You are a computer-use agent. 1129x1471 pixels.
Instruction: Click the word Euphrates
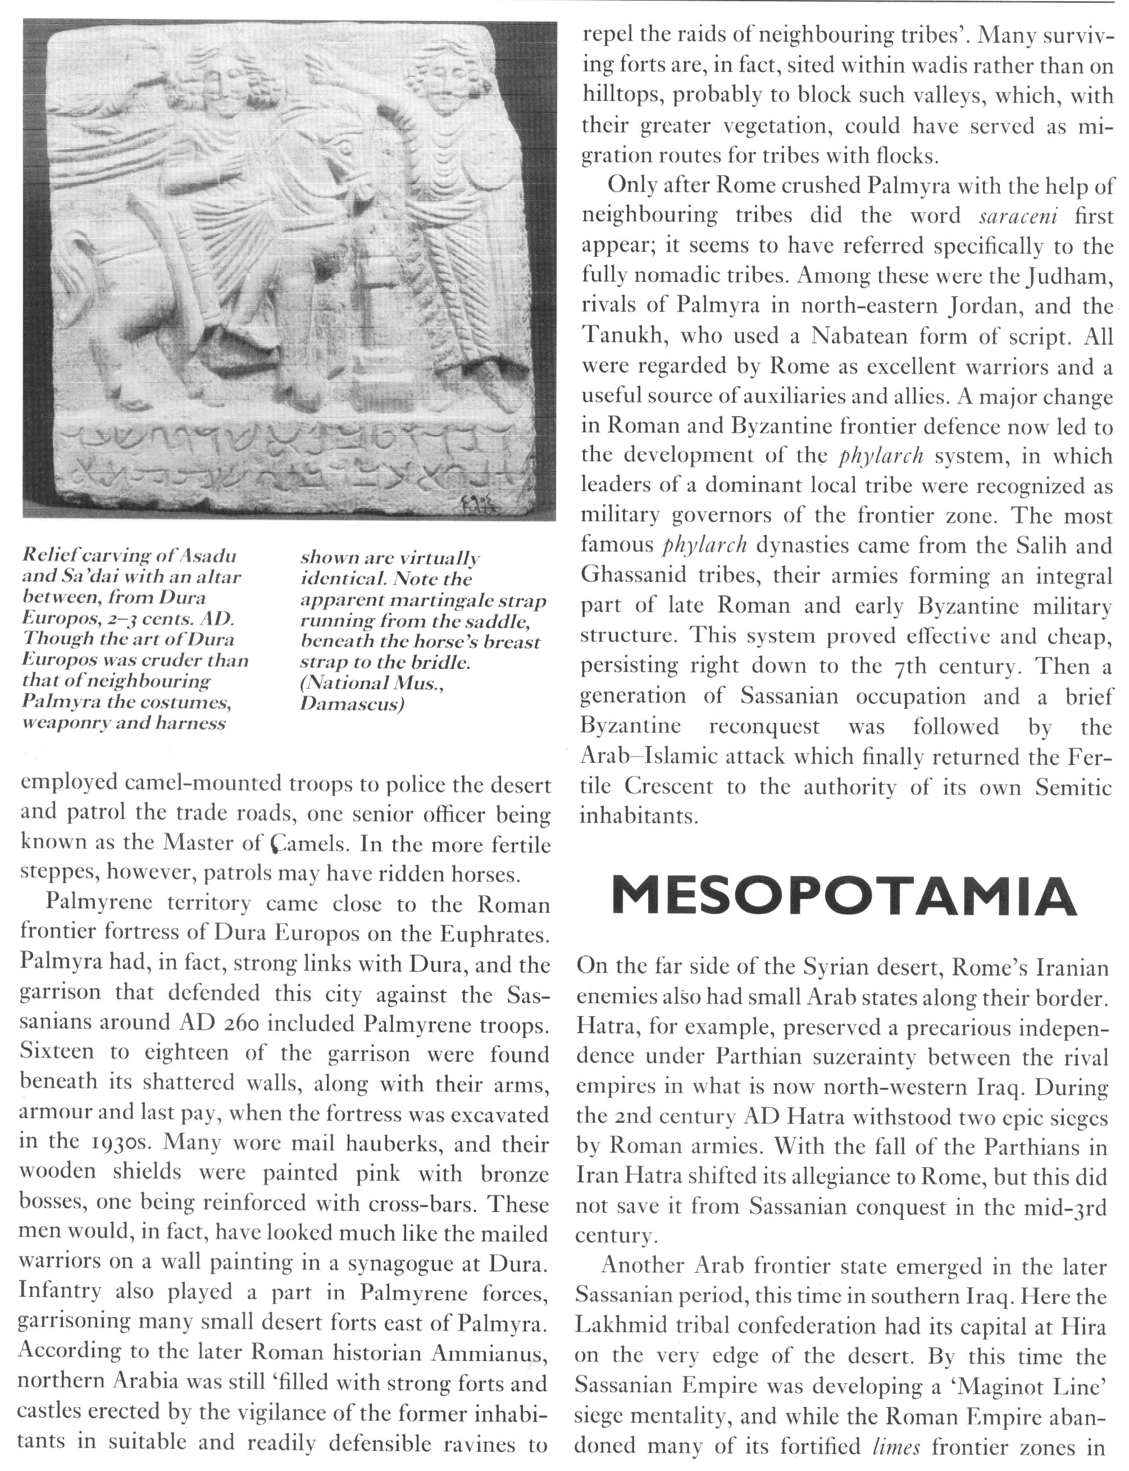click(x=495, y=934)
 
